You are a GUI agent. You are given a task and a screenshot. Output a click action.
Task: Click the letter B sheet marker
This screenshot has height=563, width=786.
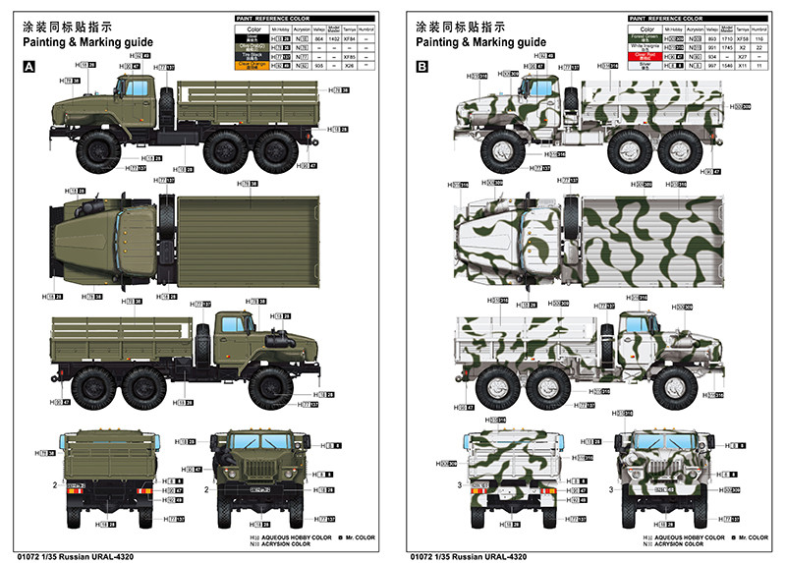(422, 67)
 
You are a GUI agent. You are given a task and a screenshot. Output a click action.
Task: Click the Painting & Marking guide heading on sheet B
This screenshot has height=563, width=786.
(480, 42)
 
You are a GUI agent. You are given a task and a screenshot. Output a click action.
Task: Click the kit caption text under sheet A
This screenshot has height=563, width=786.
(75, 557)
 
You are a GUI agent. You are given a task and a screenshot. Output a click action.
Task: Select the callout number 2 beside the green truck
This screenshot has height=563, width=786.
(55, 484)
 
